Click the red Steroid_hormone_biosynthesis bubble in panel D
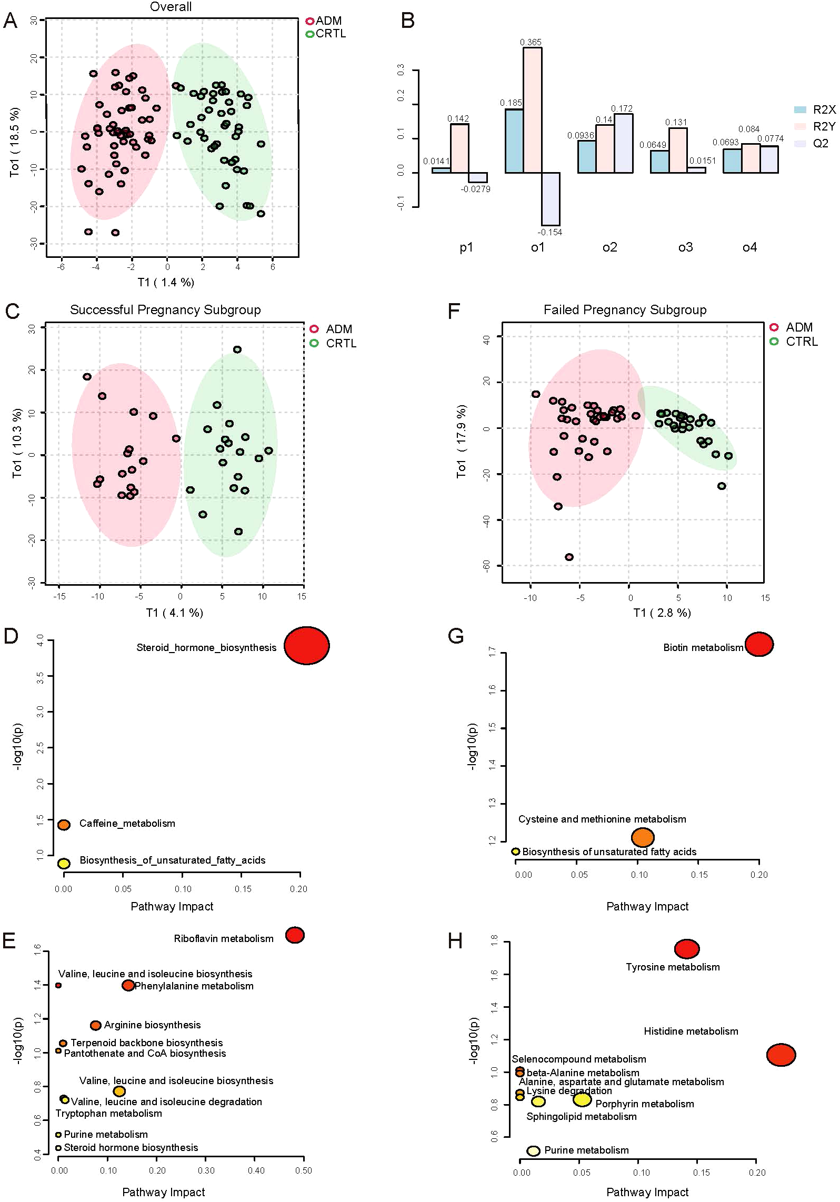pyautogui.click(x=307, y=645)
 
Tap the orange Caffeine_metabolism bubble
pyautogui.click(x=64, y=825)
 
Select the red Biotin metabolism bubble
pyautogui.click(x=758, y=644)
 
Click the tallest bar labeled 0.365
pyautogui.click(x=532, y=110)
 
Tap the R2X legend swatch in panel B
pyautogui.click(x=800, y=109)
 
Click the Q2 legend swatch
pyautogui.click(x=800, y=143)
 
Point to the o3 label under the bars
pyautogui.click(x=685, y=247)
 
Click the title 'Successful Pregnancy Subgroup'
pyautogui.click(x=165, y=309)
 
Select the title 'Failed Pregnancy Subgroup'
pyautogui.click(x=625, y=309)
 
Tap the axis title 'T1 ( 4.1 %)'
pyautogui.click(x=175, y=613)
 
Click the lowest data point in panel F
pyautogui.click(x=569, y=557)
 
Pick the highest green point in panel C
pyautogui.click(x=237, y=349)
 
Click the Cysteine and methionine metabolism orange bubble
pyautogui.click(x=643, y=837)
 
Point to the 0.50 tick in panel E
pyautogui.click(x=304, y=1170)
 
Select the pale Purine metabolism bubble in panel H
pyautogui.click(x=533, y=1151)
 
